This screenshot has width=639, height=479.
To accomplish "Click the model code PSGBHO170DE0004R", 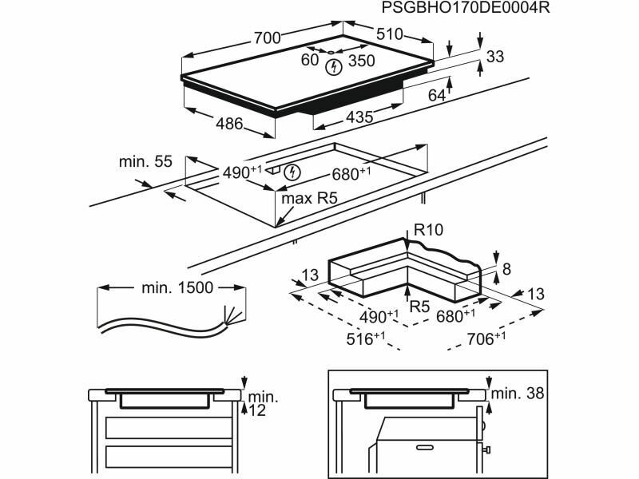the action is point(466,8).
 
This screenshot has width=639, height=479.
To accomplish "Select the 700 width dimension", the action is point(268,38).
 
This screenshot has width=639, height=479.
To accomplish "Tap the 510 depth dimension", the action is point(389,34).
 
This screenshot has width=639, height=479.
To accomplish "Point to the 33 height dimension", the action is point(495,57).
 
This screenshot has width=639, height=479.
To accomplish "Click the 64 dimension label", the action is point(436,95).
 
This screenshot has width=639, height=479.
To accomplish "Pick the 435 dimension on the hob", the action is point(359,117).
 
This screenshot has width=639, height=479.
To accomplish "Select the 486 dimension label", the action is point(229,124).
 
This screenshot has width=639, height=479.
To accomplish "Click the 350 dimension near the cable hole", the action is point(362,61).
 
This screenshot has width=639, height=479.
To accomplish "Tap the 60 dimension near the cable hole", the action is point(310,59).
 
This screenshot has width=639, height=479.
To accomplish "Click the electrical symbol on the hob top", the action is point(333,67).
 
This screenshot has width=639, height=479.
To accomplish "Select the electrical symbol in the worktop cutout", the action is point(292,172).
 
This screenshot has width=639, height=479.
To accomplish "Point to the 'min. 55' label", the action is point(145,161).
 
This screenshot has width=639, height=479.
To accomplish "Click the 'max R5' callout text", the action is point(309,199).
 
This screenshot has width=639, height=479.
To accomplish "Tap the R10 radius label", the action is point(428,230).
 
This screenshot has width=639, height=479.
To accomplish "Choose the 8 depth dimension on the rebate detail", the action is point(506,269).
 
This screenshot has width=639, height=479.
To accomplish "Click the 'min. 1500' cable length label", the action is point(177,288).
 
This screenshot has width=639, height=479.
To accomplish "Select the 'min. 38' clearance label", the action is point(518,394).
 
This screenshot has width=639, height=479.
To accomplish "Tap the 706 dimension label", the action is point(486,338).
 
